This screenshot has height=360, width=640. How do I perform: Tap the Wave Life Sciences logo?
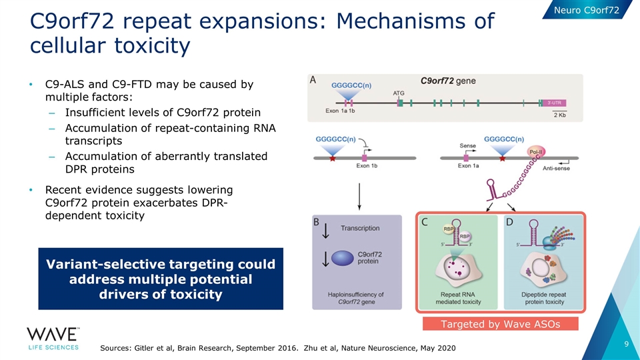[x=53, y=339]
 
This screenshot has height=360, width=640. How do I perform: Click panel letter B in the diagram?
[x=318, y=223]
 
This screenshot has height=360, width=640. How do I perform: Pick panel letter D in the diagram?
[x=510, y=223]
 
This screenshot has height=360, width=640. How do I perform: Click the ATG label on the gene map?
[x=399, y=93]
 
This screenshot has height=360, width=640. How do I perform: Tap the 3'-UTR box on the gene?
[x=556, y=103]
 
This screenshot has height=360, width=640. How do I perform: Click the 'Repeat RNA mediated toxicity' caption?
[x=459, y=297]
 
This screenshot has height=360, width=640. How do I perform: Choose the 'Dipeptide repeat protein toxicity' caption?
[x=544, y=297]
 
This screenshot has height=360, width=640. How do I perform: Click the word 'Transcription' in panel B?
[x=360, y=228]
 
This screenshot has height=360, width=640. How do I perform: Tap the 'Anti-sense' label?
[x=556, y=169]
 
